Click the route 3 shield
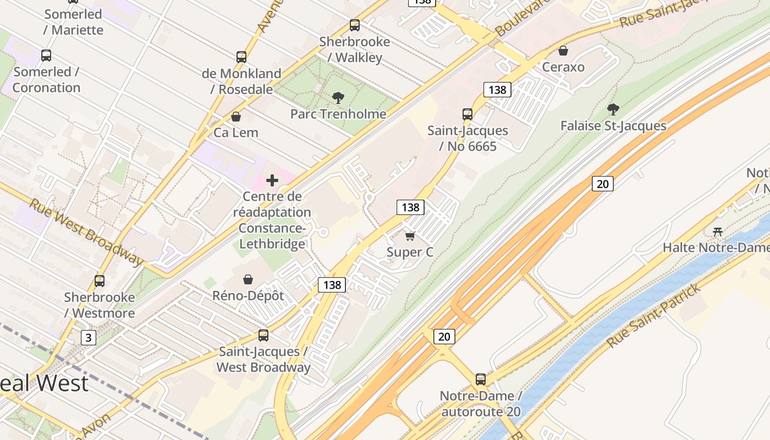pos(88,337)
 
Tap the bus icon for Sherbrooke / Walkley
pos(355,25)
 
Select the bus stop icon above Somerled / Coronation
pos(46,56)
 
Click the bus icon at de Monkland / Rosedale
pos(241,57)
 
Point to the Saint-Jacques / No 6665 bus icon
pos(468,114)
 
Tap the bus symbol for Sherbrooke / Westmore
pos(100,281)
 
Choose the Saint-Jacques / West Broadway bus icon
pos(263,335)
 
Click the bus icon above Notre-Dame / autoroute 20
pos(481,380)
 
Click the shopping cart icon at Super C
pos(410,237)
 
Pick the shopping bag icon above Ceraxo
pos(563,51)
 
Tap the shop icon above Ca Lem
pos(236,117)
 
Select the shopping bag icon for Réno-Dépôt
pos(248,279)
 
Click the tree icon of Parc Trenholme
pos(338,98)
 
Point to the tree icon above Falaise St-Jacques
pos(613,109)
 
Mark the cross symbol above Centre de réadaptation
pos(272,180)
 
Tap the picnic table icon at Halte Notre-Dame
pos(717,232)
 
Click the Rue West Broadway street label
pos(86,231)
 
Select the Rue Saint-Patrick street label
pos(654,316)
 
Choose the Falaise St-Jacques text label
pos(613,126)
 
